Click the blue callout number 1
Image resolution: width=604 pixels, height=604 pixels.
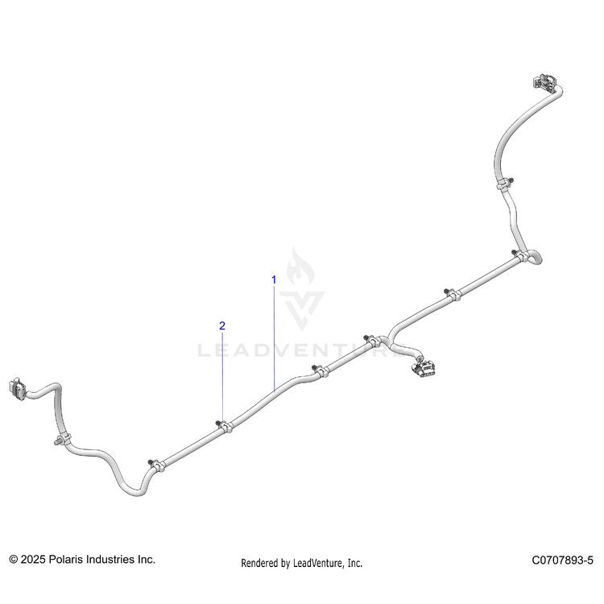[x=274, y=280]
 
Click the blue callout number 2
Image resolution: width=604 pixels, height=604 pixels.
[x=222, y=326]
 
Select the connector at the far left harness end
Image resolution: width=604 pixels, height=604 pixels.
[x=17, y=389]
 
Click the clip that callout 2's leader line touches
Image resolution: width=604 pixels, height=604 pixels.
[x=224, y=426]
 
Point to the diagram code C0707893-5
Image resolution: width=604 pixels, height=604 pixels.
[x=562, y=560]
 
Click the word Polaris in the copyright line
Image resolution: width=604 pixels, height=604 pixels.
[x=64, y=560]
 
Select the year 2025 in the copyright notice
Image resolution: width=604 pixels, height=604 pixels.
[x=33, y=560]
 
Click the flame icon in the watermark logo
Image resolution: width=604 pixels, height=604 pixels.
[x=301, y=267]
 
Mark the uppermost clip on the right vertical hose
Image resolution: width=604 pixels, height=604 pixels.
[x=504, y=184]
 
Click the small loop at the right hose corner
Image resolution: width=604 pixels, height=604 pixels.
[x=534, y=258]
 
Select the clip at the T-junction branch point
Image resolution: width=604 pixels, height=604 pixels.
[x=372, y=341]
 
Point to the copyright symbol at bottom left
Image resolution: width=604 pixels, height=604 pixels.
[x=14, y=560]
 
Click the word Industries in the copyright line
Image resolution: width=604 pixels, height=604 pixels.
[x=110, y=560]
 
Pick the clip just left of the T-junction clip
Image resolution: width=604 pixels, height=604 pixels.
[x=321, y=371]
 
